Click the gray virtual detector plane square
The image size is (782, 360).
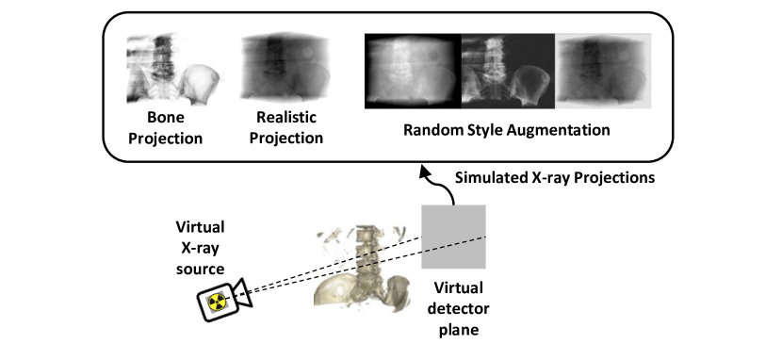(x=453, y=236)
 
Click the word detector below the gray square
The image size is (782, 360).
(x=452, y=310)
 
